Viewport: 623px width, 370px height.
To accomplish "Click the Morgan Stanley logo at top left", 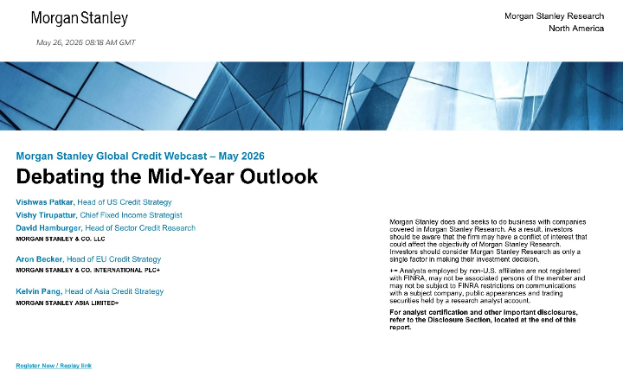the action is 80,18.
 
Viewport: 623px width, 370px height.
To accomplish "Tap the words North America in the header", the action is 576,29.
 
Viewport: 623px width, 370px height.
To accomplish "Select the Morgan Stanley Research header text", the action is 555,16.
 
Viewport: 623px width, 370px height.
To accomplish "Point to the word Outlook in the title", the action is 279,176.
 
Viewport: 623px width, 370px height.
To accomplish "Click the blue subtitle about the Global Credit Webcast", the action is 140,156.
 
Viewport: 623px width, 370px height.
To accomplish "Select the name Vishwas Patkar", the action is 45,202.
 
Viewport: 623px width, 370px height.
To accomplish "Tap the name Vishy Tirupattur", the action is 46,215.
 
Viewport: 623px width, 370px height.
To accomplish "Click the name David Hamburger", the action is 48,228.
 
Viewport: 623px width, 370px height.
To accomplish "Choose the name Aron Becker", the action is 39,259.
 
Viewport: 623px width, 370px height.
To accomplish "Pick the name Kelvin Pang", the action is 39,291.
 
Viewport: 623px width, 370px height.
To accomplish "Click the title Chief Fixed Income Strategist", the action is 132,215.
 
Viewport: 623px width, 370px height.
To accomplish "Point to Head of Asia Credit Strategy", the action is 114,291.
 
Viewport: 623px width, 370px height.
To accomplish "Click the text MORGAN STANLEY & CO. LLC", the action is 61,239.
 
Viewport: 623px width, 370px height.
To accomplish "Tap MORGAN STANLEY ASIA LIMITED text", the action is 67,303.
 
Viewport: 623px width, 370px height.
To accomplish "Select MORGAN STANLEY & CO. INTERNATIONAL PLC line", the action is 87,271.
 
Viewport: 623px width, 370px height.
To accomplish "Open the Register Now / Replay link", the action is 54,366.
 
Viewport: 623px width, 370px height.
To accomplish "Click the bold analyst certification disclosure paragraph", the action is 484,320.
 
